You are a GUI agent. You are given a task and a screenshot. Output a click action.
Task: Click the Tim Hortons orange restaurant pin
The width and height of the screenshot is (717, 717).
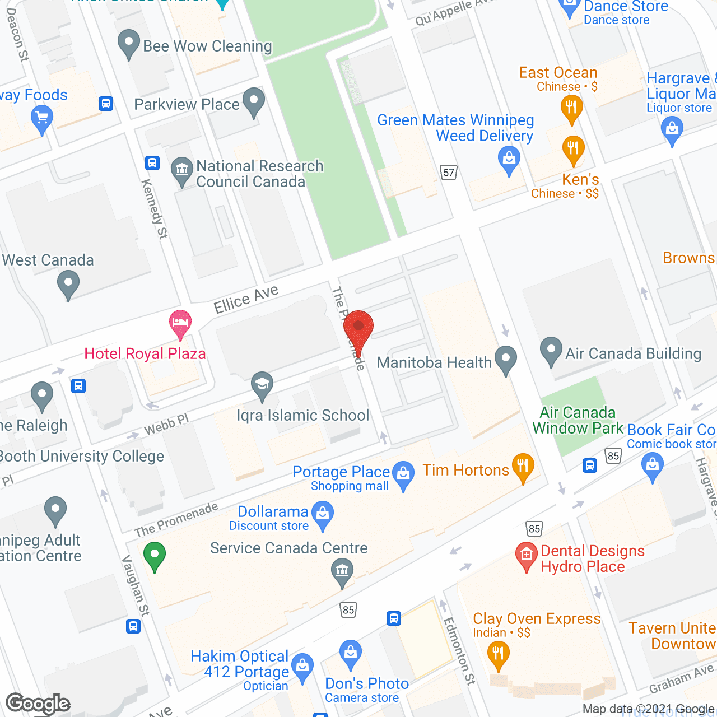(523, 467)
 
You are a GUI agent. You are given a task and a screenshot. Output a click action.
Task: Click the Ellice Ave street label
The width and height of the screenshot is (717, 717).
(246, 299)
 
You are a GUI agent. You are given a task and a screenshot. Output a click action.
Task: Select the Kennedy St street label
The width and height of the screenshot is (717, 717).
(155, 208)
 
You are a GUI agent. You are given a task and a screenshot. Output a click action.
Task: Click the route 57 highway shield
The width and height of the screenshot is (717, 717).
(449, 172)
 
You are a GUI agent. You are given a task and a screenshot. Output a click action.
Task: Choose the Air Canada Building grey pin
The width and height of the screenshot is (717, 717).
(551, 350)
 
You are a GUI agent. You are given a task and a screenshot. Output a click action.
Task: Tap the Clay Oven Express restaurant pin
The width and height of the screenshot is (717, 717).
(497, 654)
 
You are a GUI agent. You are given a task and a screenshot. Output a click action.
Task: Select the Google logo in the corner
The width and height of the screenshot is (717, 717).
(38, 704)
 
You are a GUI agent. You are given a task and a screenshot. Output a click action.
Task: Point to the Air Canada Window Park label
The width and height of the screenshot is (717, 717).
(577, 420)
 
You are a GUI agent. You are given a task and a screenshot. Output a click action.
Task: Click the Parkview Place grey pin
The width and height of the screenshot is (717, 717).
(254, 101)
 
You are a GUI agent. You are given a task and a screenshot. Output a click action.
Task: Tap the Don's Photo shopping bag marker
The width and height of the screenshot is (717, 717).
(351, 653)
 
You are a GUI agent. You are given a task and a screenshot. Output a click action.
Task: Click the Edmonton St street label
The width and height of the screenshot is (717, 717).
(459, 650)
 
